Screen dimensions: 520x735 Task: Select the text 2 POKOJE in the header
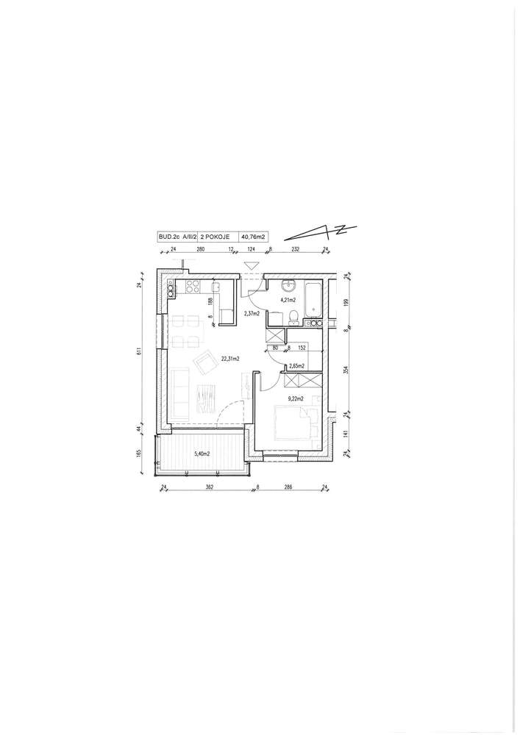tap(216, 237)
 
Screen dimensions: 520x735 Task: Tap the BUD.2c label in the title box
tap(166, 237)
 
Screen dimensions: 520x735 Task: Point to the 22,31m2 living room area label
tap(231, 359)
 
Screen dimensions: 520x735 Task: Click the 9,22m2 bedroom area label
tap(296, 399)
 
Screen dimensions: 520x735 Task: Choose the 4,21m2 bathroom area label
tap(287, 300)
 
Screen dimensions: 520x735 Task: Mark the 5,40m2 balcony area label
tap(202, 453)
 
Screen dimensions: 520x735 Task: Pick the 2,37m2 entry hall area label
tap(252, 314)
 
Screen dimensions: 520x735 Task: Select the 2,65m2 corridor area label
tap(297, 365)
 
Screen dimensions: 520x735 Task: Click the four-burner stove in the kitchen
tap(193, 287)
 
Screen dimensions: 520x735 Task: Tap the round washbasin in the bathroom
tap(288, 284)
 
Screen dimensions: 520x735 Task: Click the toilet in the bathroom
tap(294, 318)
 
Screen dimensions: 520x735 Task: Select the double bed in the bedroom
tap(293, 423)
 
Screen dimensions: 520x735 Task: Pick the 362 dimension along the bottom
tap(209, 487)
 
